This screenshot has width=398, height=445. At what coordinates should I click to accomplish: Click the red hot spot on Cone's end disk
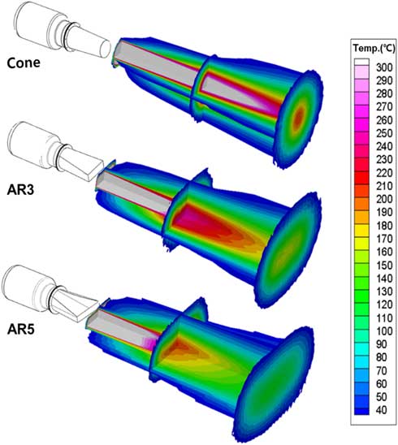coord(301,118)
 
